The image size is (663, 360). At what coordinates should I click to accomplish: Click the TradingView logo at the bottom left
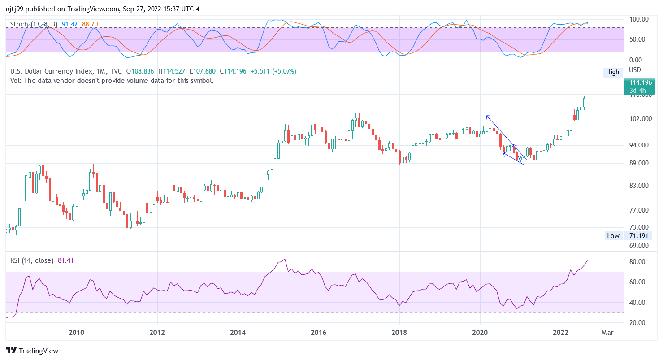click(x=32, y=351)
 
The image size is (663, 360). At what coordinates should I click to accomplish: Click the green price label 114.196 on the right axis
click(x=642, y=82)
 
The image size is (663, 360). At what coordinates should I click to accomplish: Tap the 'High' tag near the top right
click(x=612, y=72)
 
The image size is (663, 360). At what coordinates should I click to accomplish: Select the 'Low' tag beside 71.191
click(x=613, y=236)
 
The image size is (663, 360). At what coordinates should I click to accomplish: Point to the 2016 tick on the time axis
click(x=318, y=333)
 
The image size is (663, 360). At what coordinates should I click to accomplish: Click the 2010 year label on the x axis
click(x=76, y=333)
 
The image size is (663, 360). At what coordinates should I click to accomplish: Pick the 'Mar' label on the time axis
click(x=608, y=333)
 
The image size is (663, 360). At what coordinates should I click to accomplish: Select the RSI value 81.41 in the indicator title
click(x=65, y=260)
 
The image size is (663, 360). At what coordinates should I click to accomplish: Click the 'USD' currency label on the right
click(x=635, y=70)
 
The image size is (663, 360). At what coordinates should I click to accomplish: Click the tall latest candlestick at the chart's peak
click(x=588, y=91)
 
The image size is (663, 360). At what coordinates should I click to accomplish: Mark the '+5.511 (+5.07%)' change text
click(x=273, y=71)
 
